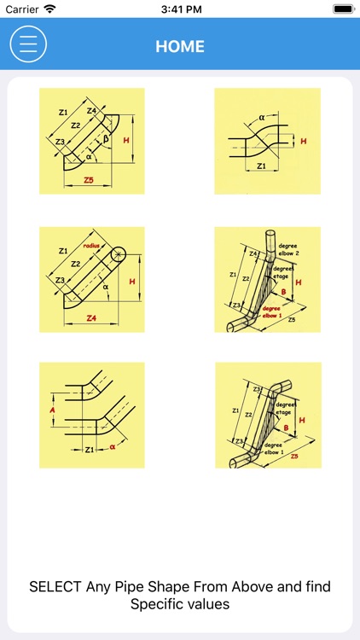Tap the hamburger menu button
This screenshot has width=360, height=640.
coord(28,44)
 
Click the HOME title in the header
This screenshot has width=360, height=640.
coord(180,46)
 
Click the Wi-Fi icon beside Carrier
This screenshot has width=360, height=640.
coord(49,9)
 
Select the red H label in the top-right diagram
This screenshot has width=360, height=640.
coord(303,139)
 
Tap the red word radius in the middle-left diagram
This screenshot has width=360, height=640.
coord(92,244)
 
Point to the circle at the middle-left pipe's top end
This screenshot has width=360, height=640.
coord(116,254)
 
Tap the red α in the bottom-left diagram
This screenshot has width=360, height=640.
coord(112,447)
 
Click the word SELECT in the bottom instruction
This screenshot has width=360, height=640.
coord(55,587)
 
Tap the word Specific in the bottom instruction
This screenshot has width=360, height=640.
coord(156,603)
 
